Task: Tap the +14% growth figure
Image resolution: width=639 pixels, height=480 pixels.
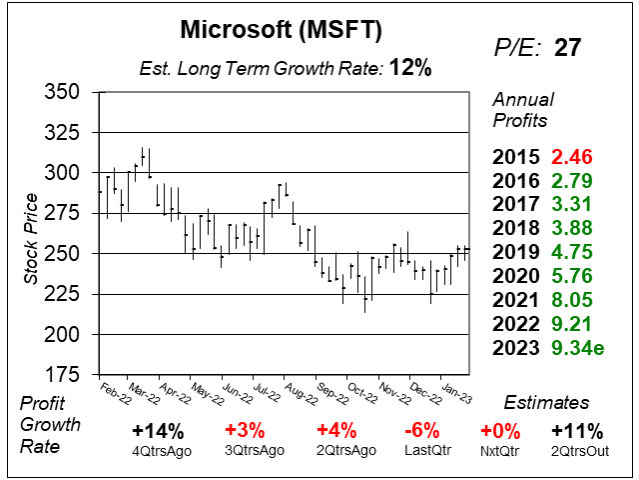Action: click(157, 432)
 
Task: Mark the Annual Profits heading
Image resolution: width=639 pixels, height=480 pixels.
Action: click(520, 110)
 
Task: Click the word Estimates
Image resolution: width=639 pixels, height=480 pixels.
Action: click(545, 403)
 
